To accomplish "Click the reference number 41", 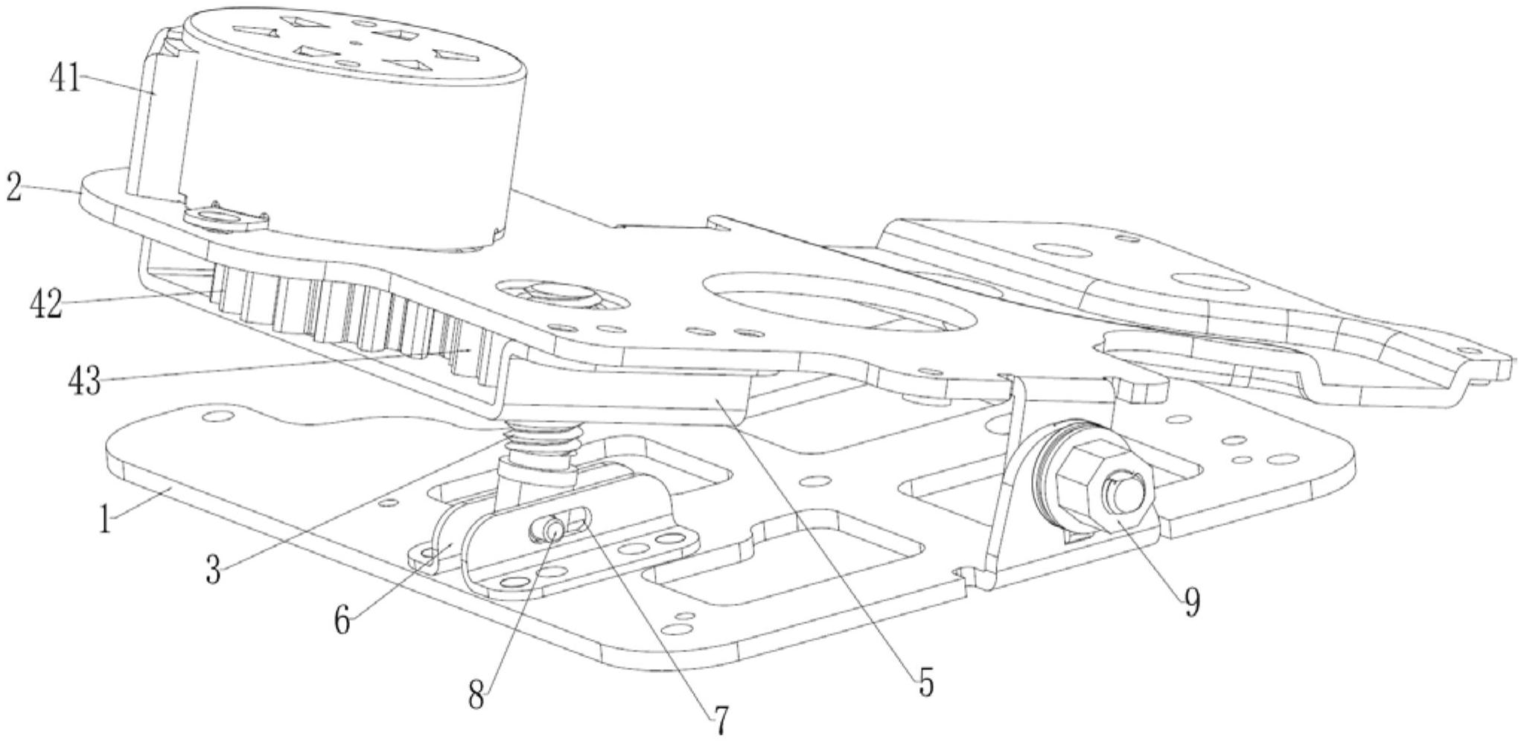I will tap(65, 78).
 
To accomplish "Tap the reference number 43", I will tap(83, 383).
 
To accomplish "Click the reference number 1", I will tap(107, 519).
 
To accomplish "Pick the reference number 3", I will tap(214, 571).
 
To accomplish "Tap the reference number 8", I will tap(477, 696).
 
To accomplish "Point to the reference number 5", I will tap(925, 681).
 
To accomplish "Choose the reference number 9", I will tap(1191, 602).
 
